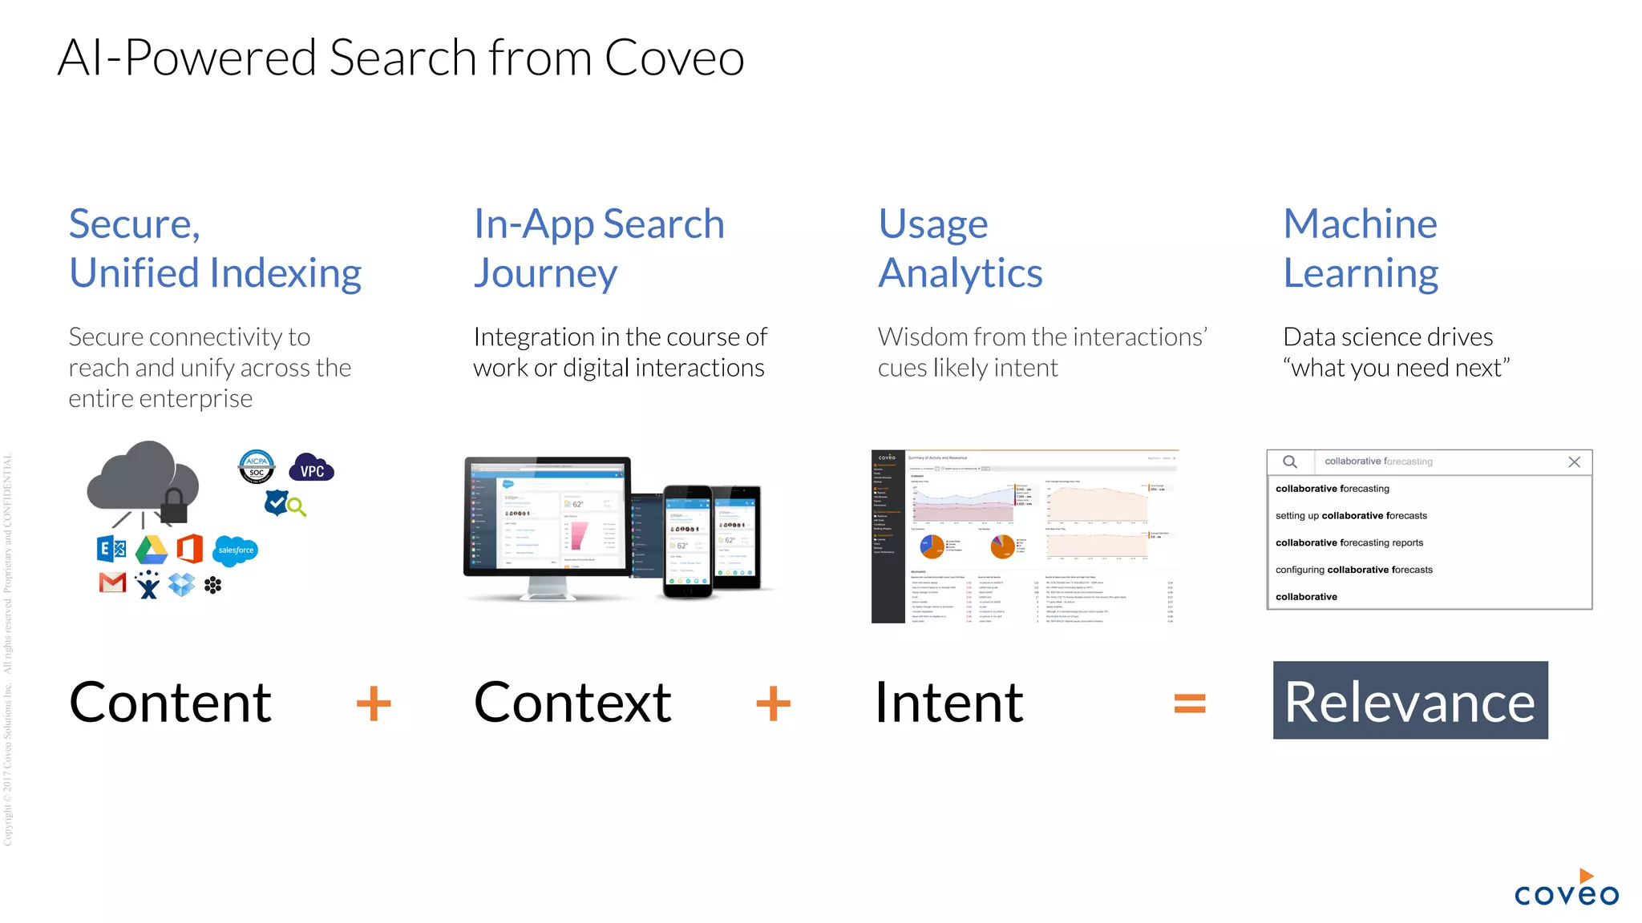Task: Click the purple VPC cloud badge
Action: [312, 469]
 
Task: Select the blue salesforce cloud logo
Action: [236, 550]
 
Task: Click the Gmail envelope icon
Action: [113, 583]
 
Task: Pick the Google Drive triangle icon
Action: [152, 550]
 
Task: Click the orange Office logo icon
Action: [189, 549]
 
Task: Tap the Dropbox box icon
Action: [182, 584]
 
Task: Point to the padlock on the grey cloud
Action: [174, 506]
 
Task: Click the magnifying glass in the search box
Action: [1290, 462]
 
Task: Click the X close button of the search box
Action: [1574, 462]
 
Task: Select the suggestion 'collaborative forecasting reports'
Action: [1349, 543]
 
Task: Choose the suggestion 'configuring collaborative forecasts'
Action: [1353, 570]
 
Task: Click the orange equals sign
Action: [1190, 703]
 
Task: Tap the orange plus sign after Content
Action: [374, 703]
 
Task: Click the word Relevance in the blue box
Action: [1409, 702]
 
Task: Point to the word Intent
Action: [948, 703]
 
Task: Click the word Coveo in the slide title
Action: [674, 58]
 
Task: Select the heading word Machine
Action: [1360, 224]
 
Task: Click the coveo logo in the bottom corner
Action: [1566, 889]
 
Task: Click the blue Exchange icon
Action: [111, 549]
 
